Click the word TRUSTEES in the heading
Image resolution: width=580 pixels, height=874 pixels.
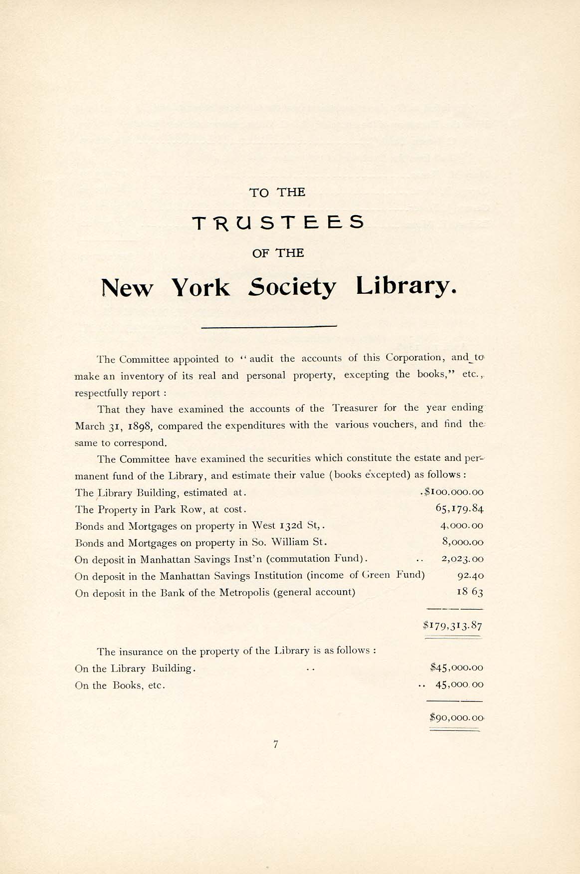[x=278, y=222]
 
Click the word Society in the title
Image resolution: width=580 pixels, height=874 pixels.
[x=292, y=287]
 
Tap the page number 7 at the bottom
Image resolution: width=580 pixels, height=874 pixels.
[x=276, y=744]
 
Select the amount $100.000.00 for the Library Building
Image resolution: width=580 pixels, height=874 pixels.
[x=453, y=492]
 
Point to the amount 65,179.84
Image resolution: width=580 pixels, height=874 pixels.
[x=459, y=509]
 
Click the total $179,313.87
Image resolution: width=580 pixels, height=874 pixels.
[x=452, y=626]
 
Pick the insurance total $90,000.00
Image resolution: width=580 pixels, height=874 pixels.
[x=456, y=718]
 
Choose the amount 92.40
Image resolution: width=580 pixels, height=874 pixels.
[x=470, y=576]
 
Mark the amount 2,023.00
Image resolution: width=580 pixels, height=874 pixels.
[x=462, y=559]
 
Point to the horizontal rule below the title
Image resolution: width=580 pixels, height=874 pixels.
[x=269, y=327]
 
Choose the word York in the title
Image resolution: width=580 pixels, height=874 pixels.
[x=200, y=287]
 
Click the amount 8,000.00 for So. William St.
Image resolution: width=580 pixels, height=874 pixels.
[x=463, y=542]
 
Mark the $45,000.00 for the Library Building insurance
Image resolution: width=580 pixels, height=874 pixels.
[x=456, y=668]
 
